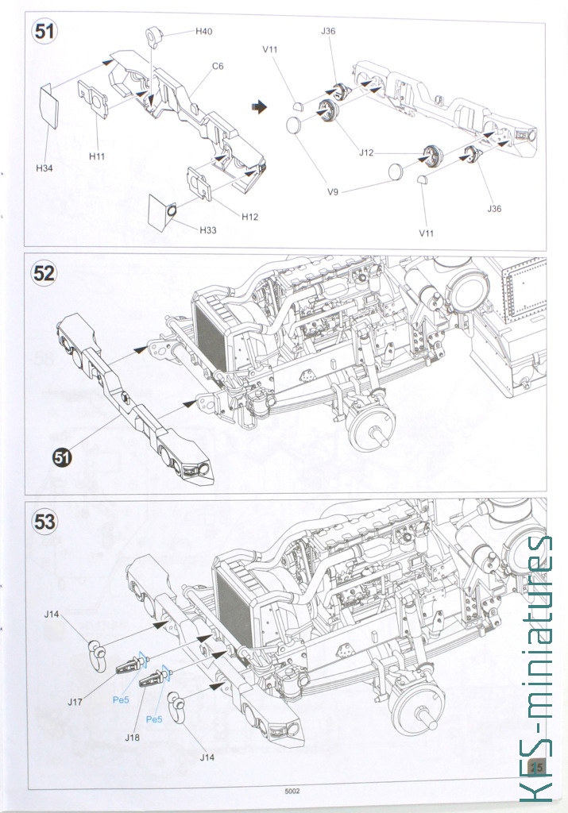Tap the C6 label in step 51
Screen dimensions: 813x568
click(x=217, y=66)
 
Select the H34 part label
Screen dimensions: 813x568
click(x=44, y=168)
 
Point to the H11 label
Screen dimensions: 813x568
click(x=97, y=156)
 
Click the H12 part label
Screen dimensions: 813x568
click(x=249, y=216)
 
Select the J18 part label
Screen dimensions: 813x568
click(x=133, y=738)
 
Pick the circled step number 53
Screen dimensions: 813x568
click(x=44, y=522)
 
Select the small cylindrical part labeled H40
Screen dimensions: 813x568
click(x=154, y=36)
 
